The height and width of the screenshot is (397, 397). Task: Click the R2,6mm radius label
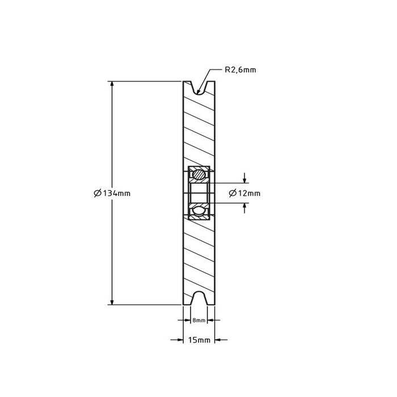(240, 70)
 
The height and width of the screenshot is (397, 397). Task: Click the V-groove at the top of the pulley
(198, 88)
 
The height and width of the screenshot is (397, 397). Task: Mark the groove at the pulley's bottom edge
(198, 298)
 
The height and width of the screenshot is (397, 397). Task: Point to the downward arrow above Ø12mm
(244, 180)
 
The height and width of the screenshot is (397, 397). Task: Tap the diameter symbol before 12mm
(233, 193)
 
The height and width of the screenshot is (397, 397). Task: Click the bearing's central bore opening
(198, 193)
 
